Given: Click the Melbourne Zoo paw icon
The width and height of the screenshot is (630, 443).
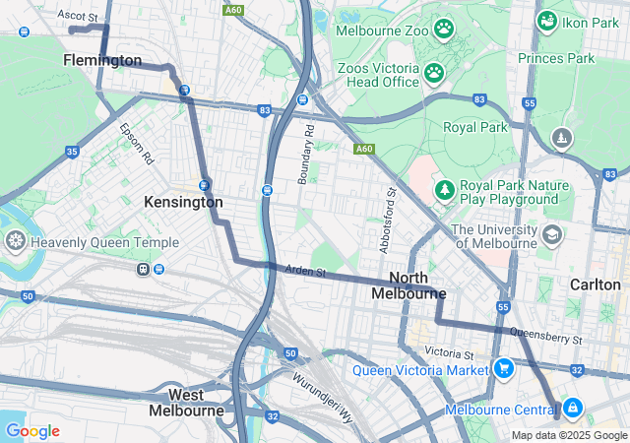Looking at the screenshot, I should [x=444, y=31].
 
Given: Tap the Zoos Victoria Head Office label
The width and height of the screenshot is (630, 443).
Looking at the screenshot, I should [x=377, y=74].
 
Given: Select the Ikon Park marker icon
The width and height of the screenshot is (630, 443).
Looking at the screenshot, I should [x=546, y=20].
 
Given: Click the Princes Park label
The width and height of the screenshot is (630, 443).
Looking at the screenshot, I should [x=557, y=58].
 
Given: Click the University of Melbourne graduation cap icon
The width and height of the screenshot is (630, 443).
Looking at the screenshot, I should [x=552, y=234].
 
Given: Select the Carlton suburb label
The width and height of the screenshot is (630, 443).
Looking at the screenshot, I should [x=595, y=284].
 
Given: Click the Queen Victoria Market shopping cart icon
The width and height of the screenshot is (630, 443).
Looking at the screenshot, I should [x=504, y=370].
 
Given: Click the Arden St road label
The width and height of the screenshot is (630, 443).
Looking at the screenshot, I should [x=304, y=270].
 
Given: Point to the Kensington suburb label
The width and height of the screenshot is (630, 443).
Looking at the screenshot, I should [x=183, y=202].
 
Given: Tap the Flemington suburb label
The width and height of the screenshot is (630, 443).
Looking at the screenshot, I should [x=102, y=61].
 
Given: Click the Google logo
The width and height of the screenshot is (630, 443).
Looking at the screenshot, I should [x=31, y=431].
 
